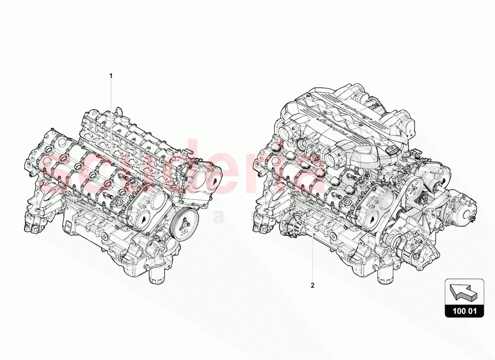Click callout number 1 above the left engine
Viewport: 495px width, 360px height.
click(x=111, y=76)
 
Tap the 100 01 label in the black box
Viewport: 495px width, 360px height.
click(x=464, y=310)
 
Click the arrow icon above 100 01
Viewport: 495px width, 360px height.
click(x=464, y=292)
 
